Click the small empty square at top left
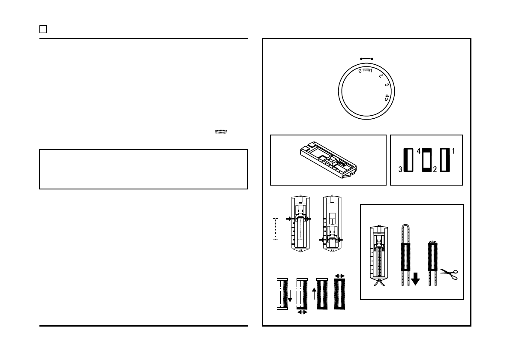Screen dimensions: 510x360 pos(43,29)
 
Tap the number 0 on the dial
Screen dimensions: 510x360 pos(360,71)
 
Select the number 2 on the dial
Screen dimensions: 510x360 pos(380,76)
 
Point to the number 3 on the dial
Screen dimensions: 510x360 pos(387,85)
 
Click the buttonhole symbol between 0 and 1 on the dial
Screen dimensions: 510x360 pos(366,70)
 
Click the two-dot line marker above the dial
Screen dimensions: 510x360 pos(366,59)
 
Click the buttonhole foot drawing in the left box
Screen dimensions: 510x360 pos(328,160)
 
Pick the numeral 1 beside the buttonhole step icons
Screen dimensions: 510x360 pos(453,151)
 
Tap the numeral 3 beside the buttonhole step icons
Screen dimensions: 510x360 pos(400,169)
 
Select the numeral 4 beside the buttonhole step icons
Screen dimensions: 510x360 pos(419,151)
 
